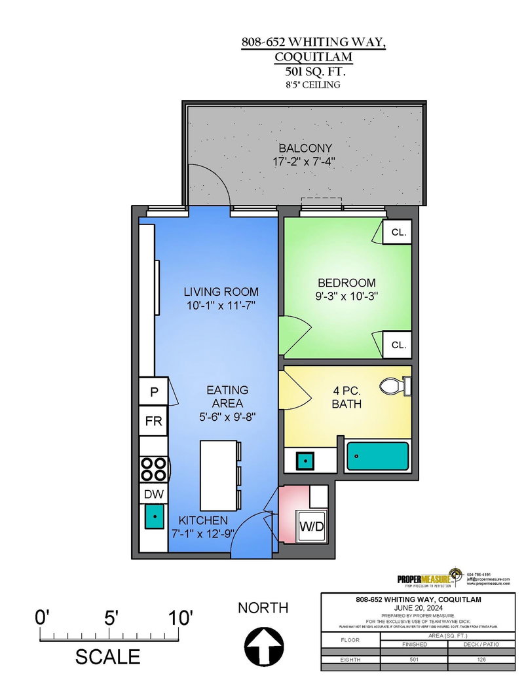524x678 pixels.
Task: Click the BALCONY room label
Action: [x=305, y=148]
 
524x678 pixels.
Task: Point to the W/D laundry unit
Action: [x=312, y=526]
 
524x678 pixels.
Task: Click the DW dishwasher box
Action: [x=153, y=494]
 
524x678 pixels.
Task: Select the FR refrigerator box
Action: [x=153, y=421]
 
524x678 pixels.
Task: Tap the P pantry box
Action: [x=154, y=392]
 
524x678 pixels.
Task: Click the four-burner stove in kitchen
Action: [x=153, y=469]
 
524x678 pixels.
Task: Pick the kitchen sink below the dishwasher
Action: [x=154, y=517]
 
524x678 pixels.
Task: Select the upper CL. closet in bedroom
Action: [x=398, y=232]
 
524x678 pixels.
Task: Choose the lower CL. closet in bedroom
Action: [x=398, y=344]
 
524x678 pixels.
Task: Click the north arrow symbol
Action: [x=262, y=645]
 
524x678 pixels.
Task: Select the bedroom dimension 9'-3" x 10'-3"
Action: [x=347, y=296]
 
